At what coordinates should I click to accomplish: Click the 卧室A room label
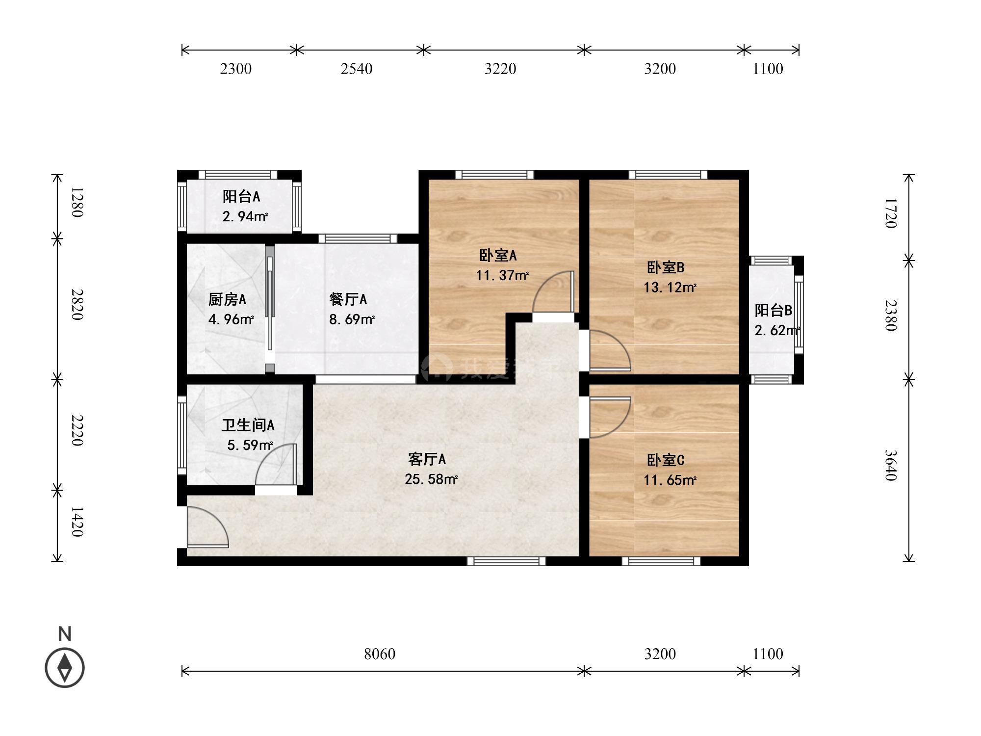point(498,255)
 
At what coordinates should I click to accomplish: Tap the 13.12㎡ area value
point(670,287)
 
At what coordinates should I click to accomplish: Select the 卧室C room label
point(666,460)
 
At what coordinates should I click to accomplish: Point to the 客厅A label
point(427,459)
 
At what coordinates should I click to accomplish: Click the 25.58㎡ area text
point(431,479)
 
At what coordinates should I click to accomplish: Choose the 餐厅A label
point(348,299)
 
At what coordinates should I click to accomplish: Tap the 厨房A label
point(227,299)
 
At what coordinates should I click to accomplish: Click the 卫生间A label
point(248,425)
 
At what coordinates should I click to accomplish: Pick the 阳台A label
point(241,197)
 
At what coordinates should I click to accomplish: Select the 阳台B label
point(774,310)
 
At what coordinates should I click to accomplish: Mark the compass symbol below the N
point(65,668)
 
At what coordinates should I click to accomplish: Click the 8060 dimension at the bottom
point(380,654)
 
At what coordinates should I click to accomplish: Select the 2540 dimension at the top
point(357,69)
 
